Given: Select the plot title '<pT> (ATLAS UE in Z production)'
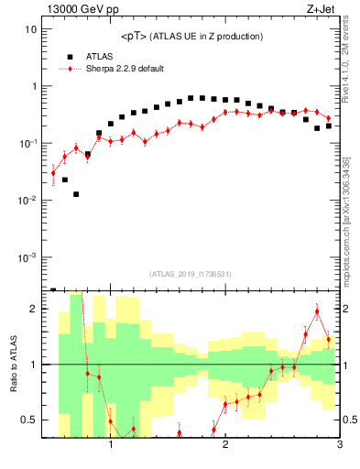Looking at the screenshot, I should click(x=191, y=37).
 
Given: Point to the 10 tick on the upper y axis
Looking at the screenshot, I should click(x=30, y=29).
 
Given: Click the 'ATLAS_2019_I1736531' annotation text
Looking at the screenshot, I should click(x=191, y=274).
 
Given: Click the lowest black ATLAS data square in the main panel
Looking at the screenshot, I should click(x=76, y=194).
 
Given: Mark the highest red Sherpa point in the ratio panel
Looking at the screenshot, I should click(x=317, y=311).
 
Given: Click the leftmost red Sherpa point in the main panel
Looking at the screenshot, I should click(x=53, y=172).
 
